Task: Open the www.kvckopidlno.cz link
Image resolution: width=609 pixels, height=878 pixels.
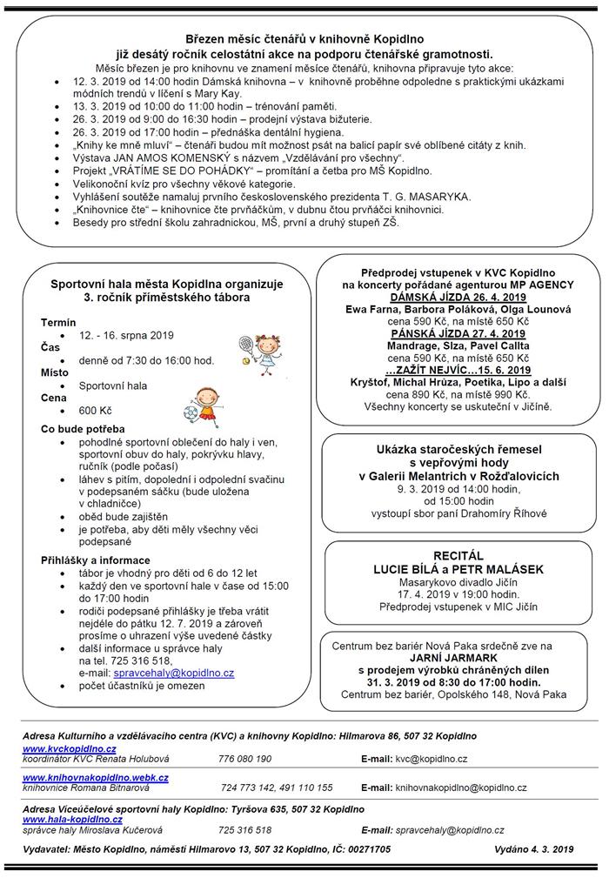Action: point(69,748)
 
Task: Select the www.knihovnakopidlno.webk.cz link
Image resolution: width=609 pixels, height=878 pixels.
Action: point(96,777)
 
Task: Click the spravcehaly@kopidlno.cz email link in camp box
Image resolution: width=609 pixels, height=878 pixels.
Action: point(178,673)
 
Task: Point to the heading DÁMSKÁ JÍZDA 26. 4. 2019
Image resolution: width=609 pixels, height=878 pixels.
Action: point(457,296)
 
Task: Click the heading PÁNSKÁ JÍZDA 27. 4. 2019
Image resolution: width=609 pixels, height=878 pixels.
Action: point(457,333)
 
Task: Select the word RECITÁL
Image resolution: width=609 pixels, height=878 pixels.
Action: point(458,555)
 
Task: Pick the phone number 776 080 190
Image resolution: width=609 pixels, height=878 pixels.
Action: point(245,759)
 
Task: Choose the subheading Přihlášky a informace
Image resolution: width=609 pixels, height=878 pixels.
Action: point(96,560)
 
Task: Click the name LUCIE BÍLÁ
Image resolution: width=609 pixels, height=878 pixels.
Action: point(422,569)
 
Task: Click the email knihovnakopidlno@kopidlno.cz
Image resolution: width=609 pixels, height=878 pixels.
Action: point(461,788)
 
